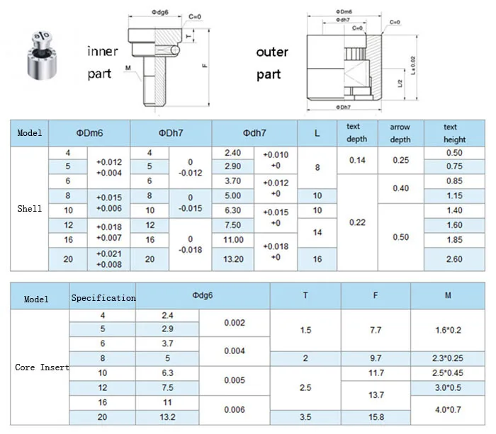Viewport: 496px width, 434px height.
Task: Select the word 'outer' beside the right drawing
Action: [271, 52]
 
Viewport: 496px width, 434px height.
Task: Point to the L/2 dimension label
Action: [400, 84]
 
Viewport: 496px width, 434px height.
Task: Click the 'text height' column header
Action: [451, 133]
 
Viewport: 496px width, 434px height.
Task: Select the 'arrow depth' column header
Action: [400, 133]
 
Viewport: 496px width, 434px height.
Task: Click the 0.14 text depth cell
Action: [356, 160]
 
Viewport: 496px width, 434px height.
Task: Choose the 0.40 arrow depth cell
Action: [400, 188]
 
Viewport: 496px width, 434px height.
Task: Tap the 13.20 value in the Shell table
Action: [233, 259]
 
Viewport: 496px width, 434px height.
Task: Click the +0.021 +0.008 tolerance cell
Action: [108, 259]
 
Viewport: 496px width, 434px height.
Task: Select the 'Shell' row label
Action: [29, 209]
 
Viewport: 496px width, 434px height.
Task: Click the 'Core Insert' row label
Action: [42, 367]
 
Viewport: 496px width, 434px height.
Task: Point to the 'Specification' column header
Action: [103, 298]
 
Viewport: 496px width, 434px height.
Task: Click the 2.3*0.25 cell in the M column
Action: [448, 358]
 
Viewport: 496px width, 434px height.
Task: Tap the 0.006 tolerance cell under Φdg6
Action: [234, 409]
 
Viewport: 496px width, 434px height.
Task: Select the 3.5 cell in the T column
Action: [305, 416]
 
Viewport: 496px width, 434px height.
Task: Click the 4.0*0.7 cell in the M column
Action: [448, 409]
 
